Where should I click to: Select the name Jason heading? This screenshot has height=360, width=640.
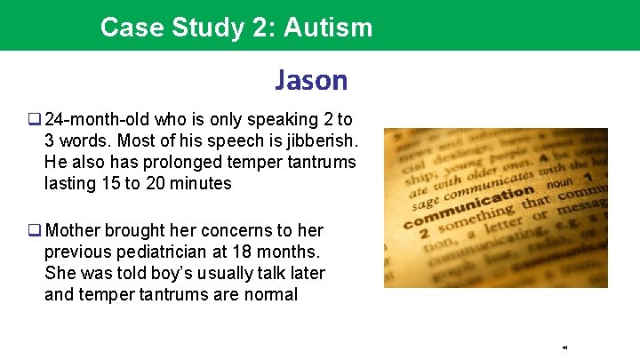pyautogui.click(x=311, y=81)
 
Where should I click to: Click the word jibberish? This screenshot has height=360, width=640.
pyautogui.click(x=316, y=141)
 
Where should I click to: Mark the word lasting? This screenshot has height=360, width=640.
pyautogui.click(x=69, y=184)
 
